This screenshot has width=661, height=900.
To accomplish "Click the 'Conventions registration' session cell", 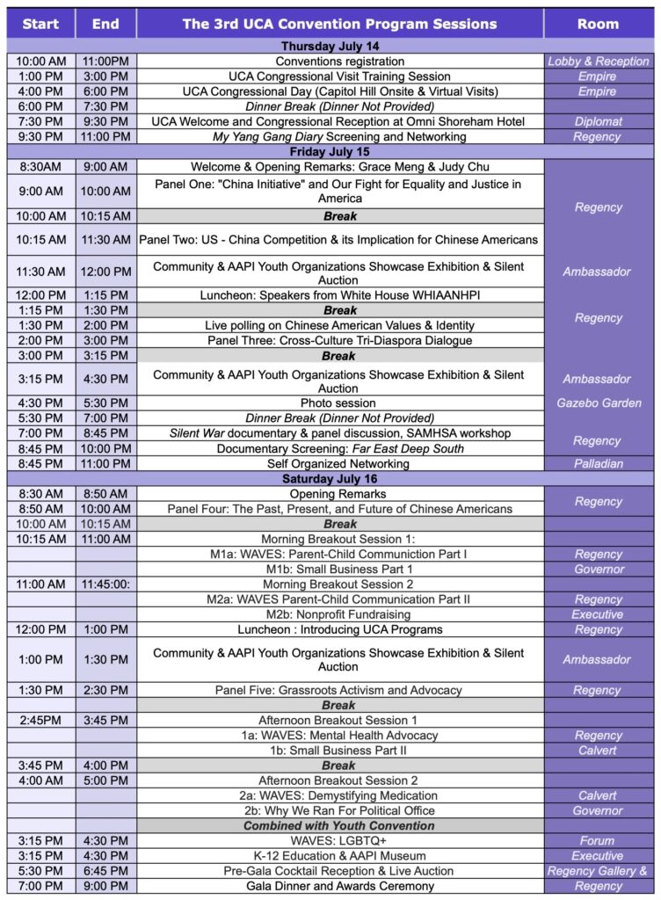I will (x=339, y=62).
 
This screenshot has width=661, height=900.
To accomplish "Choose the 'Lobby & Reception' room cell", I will (x=598, y=62).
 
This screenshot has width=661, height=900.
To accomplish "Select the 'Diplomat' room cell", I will (x=598, y=121).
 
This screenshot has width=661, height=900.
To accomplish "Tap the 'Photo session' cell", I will (x=339, y=403).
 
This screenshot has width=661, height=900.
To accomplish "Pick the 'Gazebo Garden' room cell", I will (x=598, y=403).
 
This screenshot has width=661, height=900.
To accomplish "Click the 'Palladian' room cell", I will (x=598, y=463).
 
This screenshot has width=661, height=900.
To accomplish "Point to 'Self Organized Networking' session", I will (x=339, y=463).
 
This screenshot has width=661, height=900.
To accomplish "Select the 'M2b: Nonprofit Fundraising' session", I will (x=339, y=614).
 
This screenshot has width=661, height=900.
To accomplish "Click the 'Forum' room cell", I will (x=598, y=840).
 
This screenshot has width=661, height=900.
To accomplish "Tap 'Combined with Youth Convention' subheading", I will (x=339, y=825).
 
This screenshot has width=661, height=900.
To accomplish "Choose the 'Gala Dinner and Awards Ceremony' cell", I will (x=339, y=886).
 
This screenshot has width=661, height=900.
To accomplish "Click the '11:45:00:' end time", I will (x=105, y=584).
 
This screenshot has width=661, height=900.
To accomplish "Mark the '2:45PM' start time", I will (x=40, y=720).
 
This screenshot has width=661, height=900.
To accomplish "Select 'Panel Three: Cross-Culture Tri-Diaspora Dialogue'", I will (x=339, y=340).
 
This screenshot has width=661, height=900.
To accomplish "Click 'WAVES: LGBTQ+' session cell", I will (x=339, y=840).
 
